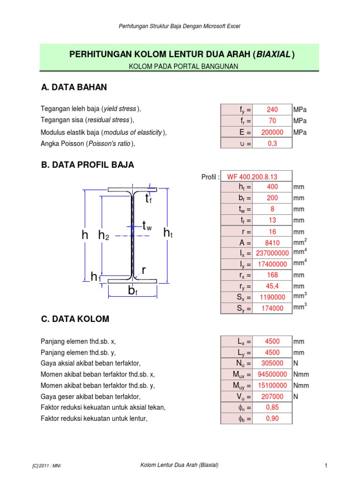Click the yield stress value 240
[x=272, y=110]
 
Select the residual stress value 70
[x=272, y=121]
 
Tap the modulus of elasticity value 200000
[x=272, y=133]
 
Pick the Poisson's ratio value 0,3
[x=272, y=144]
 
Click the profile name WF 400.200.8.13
[x=252, y=177]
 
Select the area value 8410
[x=272, y=242]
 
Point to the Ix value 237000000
[x=272, y=253]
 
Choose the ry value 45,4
[x=272, y=286]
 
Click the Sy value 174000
[x=272, y=308]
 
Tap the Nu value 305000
[x=272, y=363]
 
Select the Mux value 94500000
[x=272, y=375]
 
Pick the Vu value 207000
[x=272, y=397]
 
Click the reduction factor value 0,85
[x=272, y=407]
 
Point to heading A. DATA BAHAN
[x=74, y=87]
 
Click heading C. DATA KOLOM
[x=75, y=319]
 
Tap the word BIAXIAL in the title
[x=273, y=54]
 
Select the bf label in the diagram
[x=133, y=292]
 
